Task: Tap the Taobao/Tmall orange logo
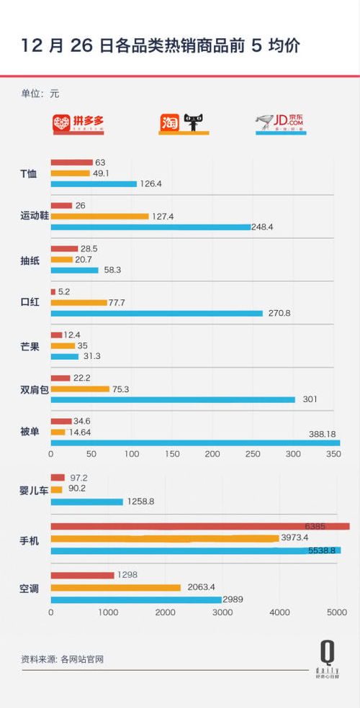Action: (x=184, y=124)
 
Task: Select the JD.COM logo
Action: (x=281, y=124)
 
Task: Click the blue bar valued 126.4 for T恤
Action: (x=94, y=184)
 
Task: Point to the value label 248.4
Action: (x=266, y=227)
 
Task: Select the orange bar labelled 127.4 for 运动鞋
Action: (x=99, y=217)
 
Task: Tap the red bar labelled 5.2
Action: (x=53, y=292)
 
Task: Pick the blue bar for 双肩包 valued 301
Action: (x=173, y=399)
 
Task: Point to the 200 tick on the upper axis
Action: (x=212, y=455)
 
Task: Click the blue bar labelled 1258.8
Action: (x=86, y=501)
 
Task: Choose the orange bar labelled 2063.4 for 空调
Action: (x=115, y=587)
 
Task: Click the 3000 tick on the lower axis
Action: (x=222, y=612)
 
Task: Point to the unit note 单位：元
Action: (x=40, y=94)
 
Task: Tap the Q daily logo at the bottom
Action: (x=327, y=659)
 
